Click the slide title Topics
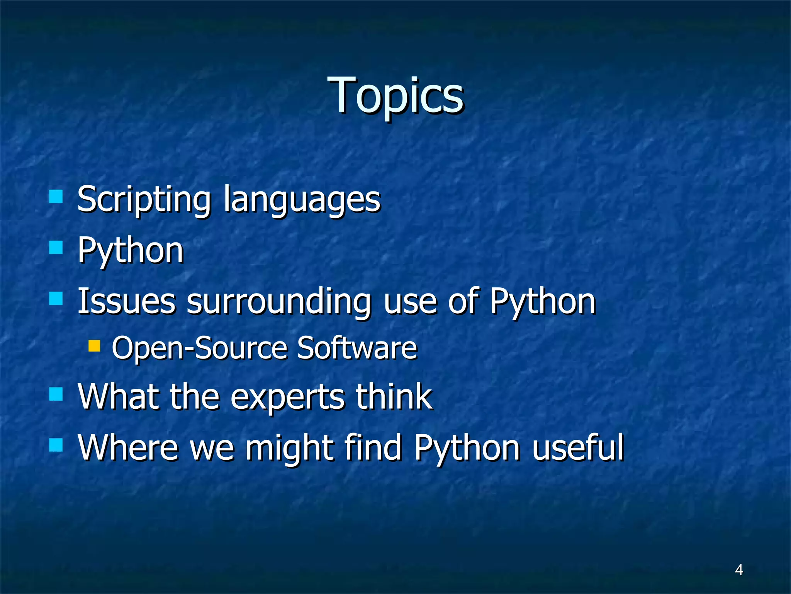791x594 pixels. click(x=395, y=96)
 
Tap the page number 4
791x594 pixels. click(x=738, y=570)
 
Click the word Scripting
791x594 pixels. click(x=144, y=200)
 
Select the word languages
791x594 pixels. click(x=302, y=200)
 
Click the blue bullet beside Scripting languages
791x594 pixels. click(x=56, y=196)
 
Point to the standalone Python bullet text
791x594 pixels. click(x=130, y=251)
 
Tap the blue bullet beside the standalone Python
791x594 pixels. click(x=56, y=247)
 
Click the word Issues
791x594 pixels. click(x=126, y=301)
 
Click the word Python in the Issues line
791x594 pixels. click(x=543, y=301)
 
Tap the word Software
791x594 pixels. click(x=357, y=348)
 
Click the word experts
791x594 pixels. click(x=288, y=397)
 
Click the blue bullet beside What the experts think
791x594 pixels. click(x=56, y=394)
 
